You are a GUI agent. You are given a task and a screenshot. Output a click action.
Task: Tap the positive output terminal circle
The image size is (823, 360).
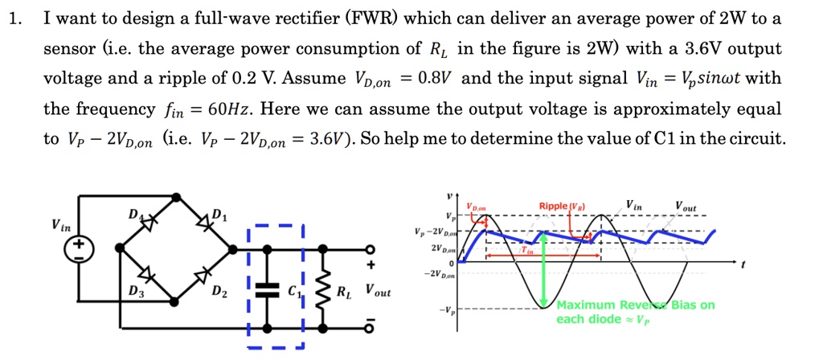coord(371,250)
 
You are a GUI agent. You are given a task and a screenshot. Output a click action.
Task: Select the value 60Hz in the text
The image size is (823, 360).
coord(231,108)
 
